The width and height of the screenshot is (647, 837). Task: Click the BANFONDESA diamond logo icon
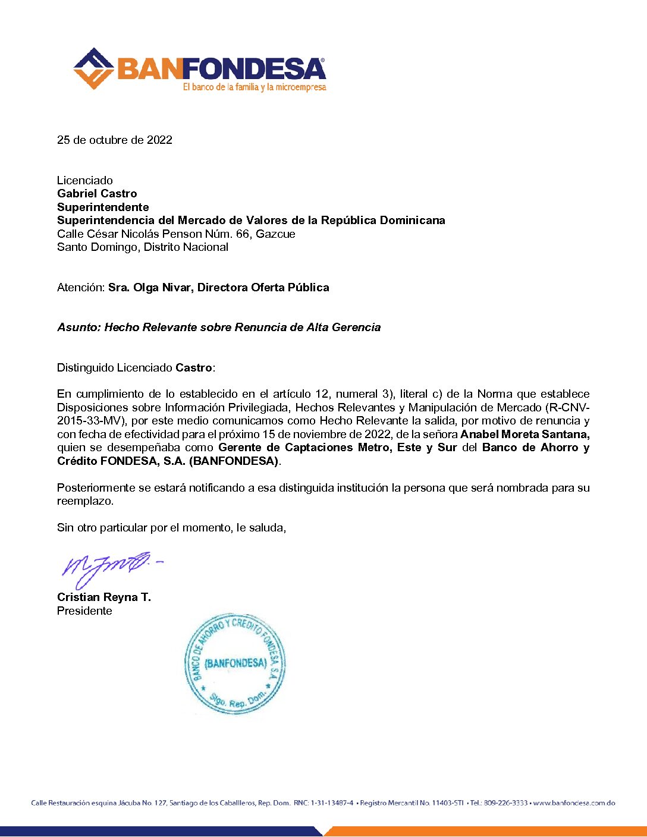pos(93,68)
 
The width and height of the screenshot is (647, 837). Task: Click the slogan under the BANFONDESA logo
pos(255,87)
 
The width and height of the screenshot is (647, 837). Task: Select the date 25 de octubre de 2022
pos(115,140)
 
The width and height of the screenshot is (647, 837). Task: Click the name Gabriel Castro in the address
pos(97,194)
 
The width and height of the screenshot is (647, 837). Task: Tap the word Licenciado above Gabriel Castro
pos(85,181)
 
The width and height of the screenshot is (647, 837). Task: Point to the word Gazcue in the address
pos(275,234)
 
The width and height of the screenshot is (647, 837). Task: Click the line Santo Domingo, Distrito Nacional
pos(143,247)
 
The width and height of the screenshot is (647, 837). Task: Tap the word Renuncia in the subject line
pos(259,328)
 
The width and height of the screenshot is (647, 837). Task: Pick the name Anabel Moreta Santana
pos(524,435)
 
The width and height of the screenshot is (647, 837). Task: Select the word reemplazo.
pos(84,501)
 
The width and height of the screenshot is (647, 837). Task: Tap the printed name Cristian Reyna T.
pos(104,597)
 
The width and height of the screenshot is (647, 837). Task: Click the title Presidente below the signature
pos(84,611)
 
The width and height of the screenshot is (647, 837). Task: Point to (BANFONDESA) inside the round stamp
pos(235,663)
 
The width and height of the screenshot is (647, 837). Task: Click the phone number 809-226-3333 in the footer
pos(505,803)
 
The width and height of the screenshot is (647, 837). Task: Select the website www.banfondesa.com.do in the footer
pos(574,803)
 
